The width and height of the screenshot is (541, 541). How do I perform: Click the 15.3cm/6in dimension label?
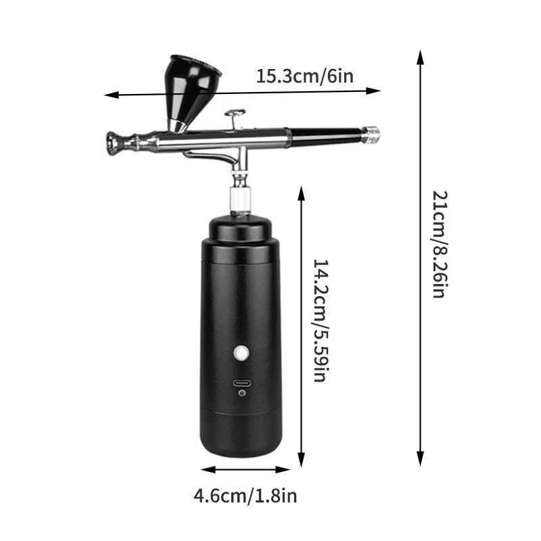(x=304, y=76)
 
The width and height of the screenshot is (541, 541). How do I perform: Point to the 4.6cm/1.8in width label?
(x=245, y=496)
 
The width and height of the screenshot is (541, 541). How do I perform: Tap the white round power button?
(x=241, y=352)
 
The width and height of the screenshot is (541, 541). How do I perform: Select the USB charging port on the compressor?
(x=241, y=383)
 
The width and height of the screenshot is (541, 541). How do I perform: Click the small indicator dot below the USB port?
(x=241, y=394)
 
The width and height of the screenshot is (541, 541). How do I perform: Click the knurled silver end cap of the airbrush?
(x=371, y=135)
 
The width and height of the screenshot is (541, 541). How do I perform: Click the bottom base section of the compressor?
(x=241, y=433)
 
